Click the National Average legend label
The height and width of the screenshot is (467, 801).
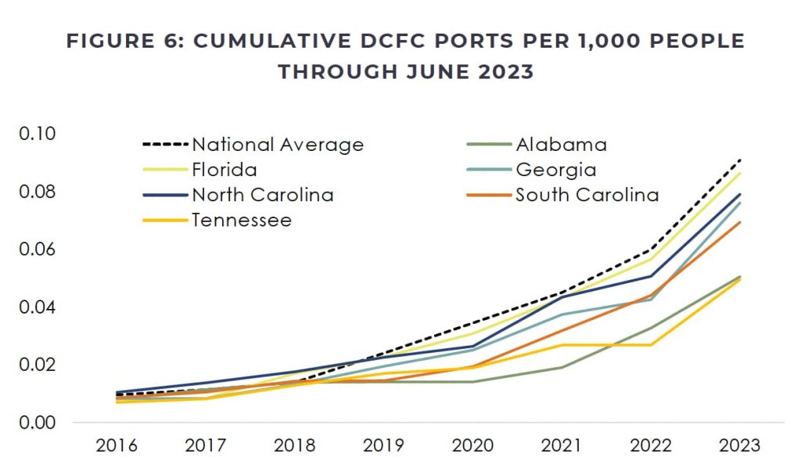tap(278, 145)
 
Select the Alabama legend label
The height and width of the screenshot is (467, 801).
tap(561, 145)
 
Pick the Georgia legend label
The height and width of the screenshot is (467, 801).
tap(555, 170)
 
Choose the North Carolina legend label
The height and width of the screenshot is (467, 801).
tap(263, 195)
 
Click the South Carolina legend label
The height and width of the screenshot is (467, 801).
tap(587, 195)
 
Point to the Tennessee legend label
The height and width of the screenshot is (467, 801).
tap(242, 220)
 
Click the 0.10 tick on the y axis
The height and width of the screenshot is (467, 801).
tap(38, 134)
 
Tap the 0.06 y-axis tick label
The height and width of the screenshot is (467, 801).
tap(38, 250)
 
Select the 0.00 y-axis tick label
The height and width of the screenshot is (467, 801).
tap(38, 422)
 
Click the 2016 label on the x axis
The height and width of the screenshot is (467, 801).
tap(117, 446)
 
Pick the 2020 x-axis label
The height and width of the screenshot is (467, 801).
tap(472, 446)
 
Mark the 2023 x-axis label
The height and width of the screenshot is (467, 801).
tap(739, 446)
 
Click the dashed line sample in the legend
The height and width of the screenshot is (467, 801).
tap(166, 145)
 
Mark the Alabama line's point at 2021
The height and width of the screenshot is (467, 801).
tap(562, 368)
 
